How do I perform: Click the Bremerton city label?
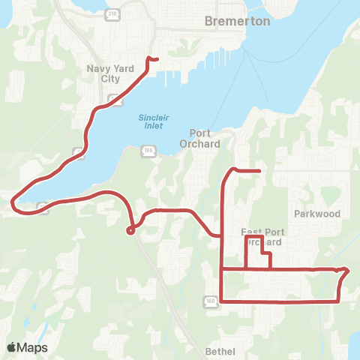[x=237, y=22]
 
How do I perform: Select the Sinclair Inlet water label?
[x=154, y=121]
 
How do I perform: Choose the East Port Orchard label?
[x=261, y=237]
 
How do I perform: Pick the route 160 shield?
[x=209, y=301]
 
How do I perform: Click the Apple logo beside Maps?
[x=11, y=347]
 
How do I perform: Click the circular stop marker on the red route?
[x=130, y=231]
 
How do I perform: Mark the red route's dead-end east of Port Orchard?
[x=259, y=171]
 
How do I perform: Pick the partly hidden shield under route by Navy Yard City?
[x=112, y=99]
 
